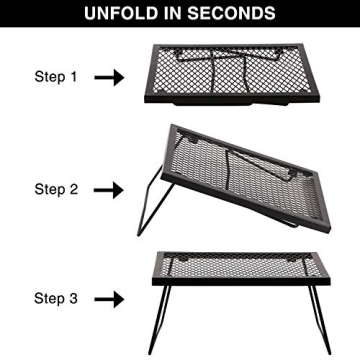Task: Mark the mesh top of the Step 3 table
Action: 240,268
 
